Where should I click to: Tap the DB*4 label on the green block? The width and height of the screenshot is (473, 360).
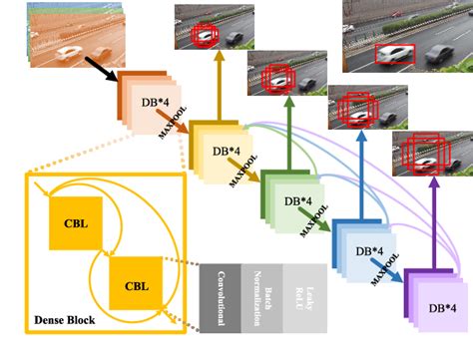299,200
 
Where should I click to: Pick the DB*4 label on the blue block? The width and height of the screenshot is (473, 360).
370,249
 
